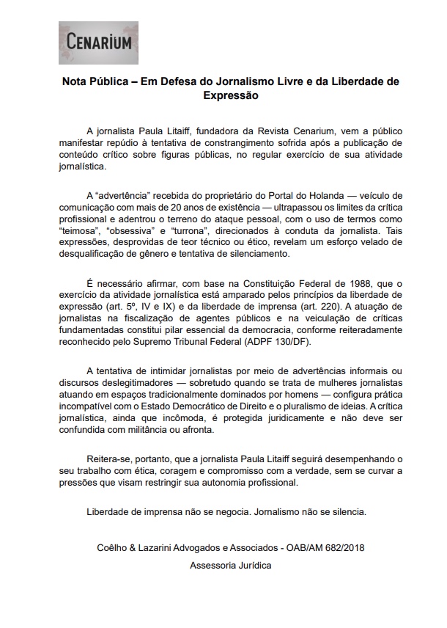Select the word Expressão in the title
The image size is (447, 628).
(x=231, y=95)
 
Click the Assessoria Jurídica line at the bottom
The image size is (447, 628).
(x=230, y=566)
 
